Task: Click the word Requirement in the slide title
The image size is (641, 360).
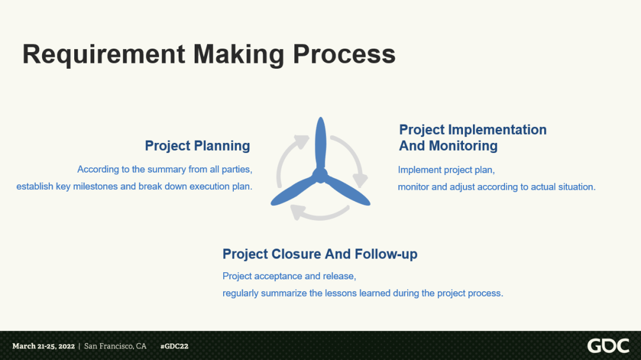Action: point(104,55)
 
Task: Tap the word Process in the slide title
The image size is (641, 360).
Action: point(344,54)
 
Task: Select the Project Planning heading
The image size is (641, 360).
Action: point(198,146)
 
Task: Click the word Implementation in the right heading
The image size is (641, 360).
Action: point(497,129)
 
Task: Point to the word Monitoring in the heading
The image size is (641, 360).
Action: point(463,146)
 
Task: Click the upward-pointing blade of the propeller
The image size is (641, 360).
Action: point(320,143)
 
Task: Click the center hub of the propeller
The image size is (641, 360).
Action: point(320,176)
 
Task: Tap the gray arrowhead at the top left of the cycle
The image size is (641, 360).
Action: point(302,142)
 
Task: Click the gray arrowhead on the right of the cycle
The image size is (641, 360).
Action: point(360,180)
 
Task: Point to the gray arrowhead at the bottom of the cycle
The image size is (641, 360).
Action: point(298,212)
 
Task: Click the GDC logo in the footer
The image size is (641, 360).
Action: point(608,346)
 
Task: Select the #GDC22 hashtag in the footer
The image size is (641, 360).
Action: point(174,346)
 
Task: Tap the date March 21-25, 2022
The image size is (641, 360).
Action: point(43,346)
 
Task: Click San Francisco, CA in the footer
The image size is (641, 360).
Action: point(115,346)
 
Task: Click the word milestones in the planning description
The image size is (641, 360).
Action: point(96,186)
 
